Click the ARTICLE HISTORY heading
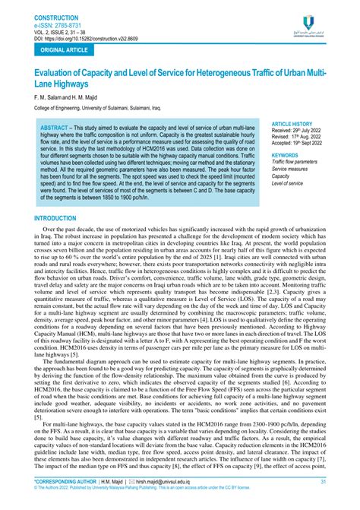pos(291,122)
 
